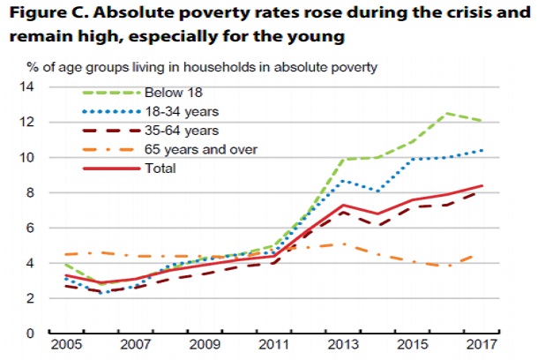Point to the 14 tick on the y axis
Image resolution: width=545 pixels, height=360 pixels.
(x=26, y=86)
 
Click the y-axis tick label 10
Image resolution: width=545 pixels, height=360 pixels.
(x=26, y=157)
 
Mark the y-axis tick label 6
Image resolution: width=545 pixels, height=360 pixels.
(x=29, y=228)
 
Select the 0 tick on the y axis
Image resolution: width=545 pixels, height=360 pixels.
(x=29, y=334)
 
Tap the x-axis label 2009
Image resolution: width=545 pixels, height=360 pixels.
(x=207, y=344)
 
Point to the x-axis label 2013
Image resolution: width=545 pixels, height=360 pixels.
(x=347, y=344)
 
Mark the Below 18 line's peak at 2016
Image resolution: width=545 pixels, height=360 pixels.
(x=449, y=113)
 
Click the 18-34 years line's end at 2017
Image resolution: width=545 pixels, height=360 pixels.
(x=483, y=150)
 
